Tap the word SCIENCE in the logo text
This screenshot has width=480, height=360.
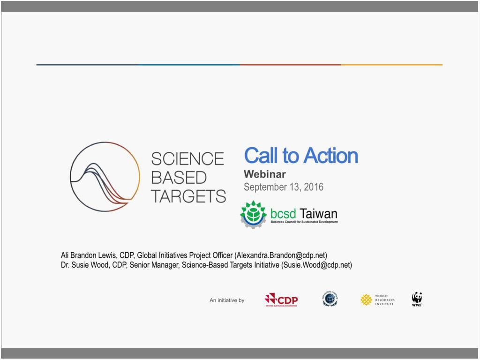pos(187,158)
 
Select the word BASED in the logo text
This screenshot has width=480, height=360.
pos(179,178)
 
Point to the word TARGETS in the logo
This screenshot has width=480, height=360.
pos(188,196)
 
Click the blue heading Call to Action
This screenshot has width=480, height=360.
pos(301,156)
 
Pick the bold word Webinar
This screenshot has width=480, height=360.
pos(264,174)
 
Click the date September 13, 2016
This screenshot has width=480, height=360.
pos(283,187)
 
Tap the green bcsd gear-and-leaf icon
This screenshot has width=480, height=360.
pos(254,214)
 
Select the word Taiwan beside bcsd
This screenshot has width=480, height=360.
pos(319,214)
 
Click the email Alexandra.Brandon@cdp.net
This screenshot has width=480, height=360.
pos(281,255)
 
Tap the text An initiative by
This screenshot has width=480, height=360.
pos(227,300)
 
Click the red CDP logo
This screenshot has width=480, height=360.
pos(281,300)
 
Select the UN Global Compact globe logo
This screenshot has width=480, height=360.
pos(330,299)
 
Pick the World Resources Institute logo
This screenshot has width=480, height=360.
pos(377,300)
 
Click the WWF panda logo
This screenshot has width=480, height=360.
pos(417,299)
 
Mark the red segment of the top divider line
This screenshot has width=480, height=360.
pos(290,65)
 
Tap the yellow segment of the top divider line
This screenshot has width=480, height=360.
pos(391,65)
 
